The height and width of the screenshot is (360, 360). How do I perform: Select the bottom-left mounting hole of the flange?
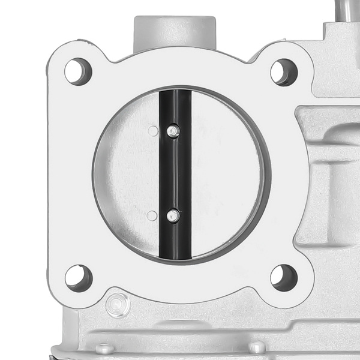[x=78, y=277]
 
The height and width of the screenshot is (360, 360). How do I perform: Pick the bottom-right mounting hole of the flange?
[x=284, y=277]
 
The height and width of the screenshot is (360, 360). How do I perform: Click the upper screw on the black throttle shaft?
[x=173, y=131]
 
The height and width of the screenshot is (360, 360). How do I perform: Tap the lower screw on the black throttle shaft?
[x=173, y=214]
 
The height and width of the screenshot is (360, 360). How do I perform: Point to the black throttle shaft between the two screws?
[x=175, y=173]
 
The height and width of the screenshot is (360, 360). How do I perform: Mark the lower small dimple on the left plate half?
[x=152, y=215]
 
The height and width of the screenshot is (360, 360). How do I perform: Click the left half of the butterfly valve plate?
[x=129, y=174]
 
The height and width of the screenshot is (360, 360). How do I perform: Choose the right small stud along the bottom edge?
[x=257, y=348]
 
